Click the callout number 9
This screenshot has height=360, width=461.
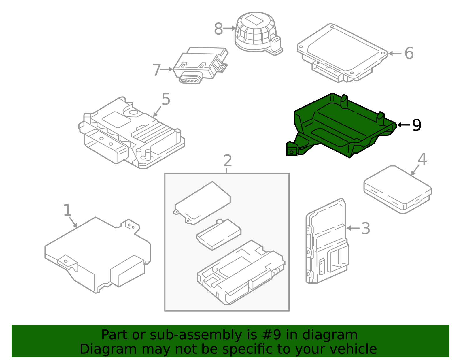(x=417, y=125)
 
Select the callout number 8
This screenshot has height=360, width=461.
(x=218, y=29)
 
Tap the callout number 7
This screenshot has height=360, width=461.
(x=156, y=70)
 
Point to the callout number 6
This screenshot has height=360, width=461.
(x=409, y=53)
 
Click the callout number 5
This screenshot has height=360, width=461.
(x=166, y=99)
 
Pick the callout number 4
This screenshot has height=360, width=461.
(x=422, y=159)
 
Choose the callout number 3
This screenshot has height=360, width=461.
(x=365, y=228)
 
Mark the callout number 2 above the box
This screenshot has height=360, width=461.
(x=227, y=161)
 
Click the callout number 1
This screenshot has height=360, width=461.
(x=67, y=210)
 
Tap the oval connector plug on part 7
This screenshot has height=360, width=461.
(x=189, y=80)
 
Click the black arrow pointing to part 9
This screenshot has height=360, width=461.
(x=403, y=125)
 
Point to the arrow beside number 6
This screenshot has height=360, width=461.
(x=395, y=53)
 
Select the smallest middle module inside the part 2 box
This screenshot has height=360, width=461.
(x=219, y=234)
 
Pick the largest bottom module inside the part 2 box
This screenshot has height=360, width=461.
(x=241, y=272)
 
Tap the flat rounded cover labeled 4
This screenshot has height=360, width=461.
(x=398, y=189)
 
